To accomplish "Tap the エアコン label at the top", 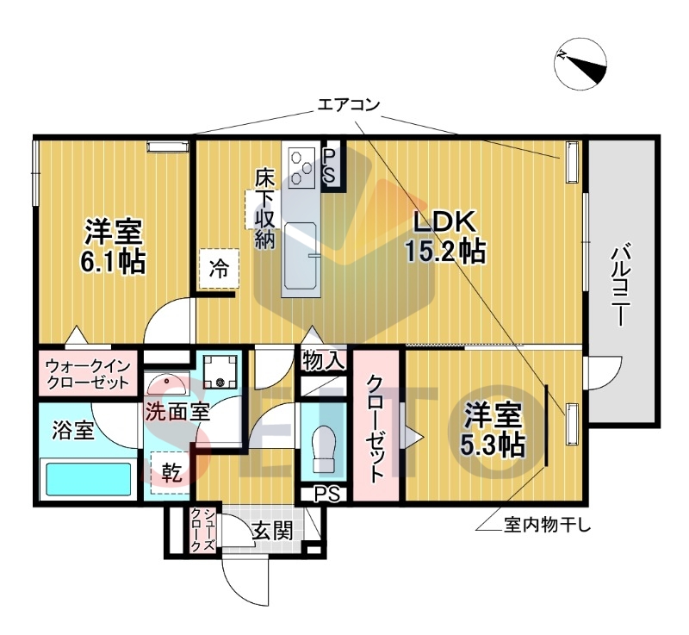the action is [x=349, y=105].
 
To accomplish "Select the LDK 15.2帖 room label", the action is [x=444, y=237].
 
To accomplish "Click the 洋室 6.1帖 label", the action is [x=113, y=246].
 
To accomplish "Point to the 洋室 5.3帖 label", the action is [x=493, y=429].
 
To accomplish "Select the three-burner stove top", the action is [x=303, y=166].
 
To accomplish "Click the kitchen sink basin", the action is [x=300, y=255].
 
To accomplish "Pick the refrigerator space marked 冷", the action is [x=219, y=269].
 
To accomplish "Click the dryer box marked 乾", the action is [x=171, y=472].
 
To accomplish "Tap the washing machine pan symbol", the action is [x=220, y=371].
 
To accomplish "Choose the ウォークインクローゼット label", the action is [x=89, y=374].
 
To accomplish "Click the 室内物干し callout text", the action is [x=548, y=525].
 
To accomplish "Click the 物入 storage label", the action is [x=324, y=361].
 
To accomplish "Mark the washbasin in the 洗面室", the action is [x=167, y=383].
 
